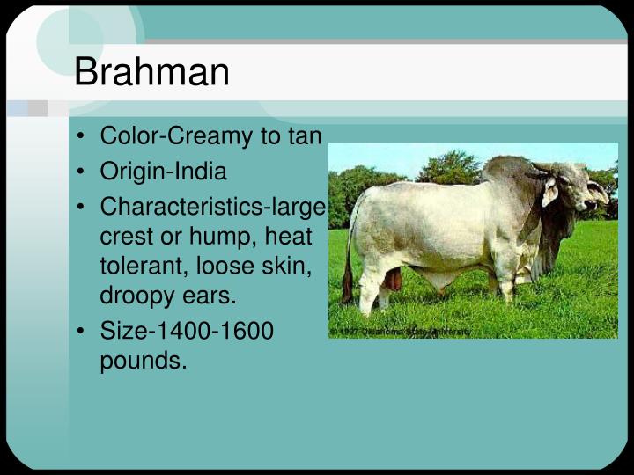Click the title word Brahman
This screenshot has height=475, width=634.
(151, 72)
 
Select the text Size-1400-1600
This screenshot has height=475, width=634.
(187, 331)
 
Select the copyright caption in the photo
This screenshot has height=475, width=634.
(402, 332)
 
